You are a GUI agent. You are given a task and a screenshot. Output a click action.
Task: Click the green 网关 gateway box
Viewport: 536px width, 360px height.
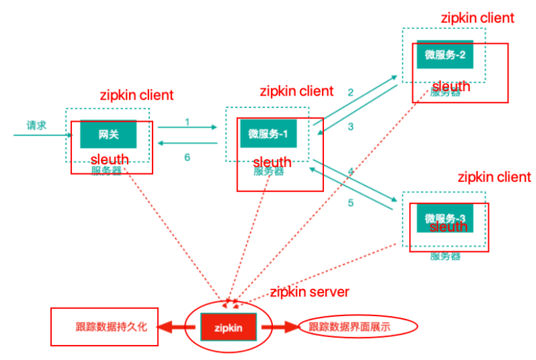108,134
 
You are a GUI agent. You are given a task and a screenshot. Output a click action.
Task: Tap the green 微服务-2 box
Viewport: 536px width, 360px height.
444,54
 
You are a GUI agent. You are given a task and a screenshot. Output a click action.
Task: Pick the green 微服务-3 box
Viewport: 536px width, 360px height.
444,217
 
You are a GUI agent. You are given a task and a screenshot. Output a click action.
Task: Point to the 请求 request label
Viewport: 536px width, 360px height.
36,125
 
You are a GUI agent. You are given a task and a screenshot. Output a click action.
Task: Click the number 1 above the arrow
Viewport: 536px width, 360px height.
187,122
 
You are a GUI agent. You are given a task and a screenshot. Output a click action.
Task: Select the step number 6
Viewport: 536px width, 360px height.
187,157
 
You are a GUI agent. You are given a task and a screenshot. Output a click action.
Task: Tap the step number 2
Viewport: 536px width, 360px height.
350,92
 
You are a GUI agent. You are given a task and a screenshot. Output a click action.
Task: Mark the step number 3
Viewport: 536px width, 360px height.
350,126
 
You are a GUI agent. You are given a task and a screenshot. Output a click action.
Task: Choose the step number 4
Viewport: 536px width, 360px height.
350,171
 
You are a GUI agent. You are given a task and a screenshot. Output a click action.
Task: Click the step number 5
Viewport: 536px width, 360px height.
350,203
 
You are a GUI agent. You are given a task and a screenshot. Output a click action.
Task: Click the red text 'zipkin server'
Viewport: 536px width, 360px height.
310,292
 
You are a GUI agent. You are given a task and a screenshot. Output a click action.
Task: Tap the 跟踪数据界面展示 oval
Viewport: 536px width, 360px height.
358,326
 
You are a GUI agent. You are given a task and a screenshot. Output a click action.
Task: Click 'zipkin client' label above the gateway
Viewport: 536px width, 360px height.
137,95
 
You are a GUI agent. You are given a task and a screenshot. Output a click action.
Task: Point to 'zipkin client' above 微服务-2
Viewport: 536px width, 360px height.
478,18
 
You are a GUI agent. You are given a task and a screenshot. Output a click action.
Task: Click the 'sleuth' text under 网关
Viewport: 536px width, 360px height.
109,159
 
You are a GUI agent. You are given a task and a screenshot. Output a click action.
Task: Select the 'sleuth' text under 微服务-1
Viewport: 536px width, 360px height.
272,162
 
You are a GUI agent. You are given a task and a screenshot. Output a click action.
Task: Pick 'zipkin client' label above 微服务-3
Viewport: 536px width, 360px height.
494,177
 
